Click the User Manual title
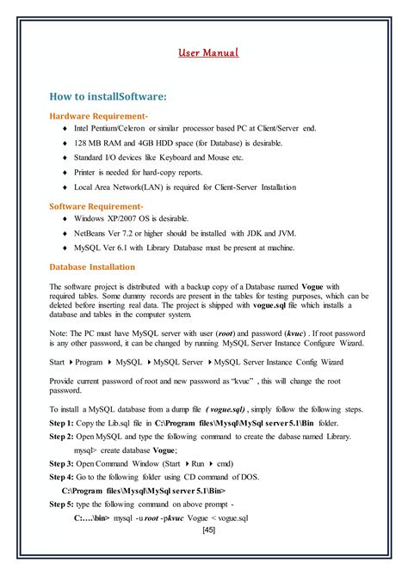point(208,54)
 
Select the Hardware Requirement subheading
point(98,115)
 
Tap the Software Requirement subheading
point(96,206)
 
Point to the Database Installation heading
point(92,266)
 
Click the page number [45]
point(208,530)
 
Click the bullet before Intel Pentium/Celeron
point(65,128)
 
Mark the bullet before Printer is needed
point(65,173)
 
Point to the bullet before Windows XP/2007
point(65,218)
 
